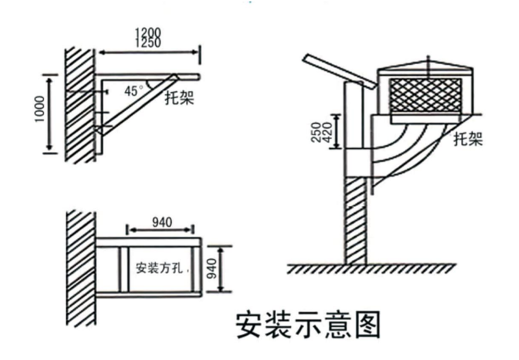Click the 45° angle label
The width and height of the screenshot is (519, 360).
134,90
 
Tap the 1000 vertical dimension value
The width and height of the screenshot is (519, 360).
40,108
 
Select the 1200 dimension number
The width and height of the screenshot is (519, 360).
148,33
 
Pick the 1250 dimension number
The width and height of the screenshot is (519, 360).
148,43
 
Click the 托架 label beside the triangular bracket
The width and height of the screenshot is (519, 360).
180,97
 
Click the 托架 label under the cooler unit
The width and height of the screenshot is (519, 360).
468,139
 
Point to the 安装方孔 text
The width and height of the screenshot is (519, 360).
159,268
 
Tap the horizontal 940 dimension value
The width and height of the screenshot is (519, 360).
162,222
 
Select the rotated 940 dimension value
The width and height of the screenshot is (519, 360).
212,269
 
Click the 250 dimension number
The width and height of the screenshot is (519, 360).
316,132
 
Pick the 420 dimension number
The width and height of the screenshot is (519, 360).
327,132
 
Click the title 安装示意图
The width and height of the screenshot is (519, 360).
308,325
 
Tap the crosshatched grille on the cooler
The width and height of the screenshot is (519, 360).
426,95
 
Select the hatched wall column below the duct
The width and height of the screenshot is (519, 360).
356,220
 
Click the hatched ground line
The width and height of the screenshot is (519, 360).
371,269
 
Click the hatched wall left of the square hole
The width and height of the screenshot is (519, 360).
81,268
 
